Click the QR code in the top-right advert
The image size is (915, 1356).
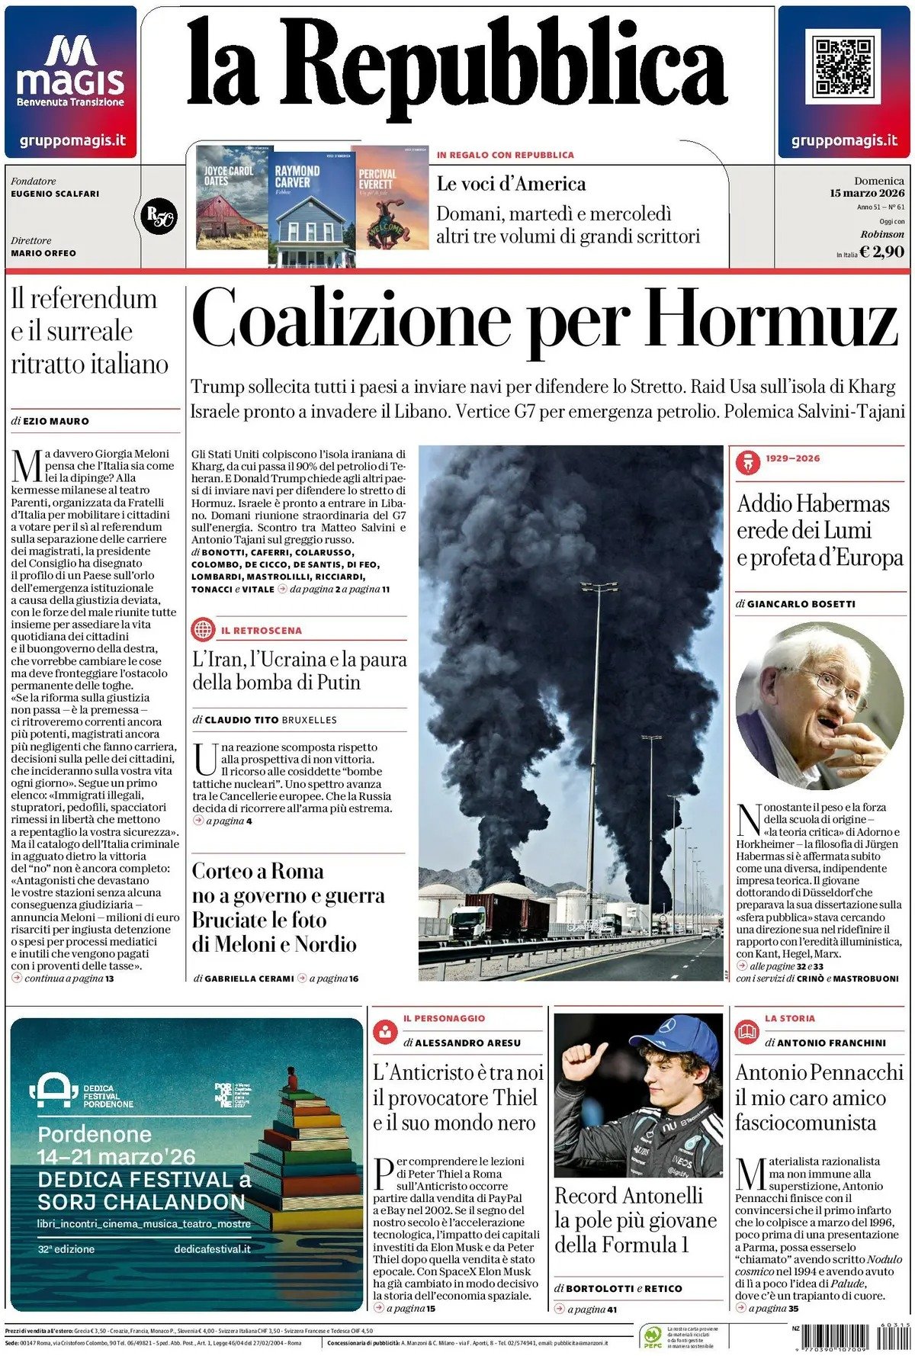click(x=843, y=67)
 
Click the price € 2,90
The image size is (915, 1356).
click(x=881, y=252)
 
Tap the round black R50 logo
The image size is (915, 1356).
click(x=159, y=217)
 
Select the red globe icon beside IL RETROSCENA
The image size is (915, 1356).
click(x=204, y=630)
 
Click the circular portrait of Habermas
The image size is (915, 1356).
click(x=818, y=705)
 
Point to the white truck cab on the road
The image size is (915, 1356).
click(x=467, y=923)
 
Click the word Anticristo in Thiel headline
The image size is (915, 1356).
click(x=432, y=1073)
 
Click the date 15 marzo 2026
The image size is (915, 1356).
click(x=867, y=193)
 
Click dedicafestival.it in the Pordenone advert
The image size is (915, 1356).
click(x=212, y=1249)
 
